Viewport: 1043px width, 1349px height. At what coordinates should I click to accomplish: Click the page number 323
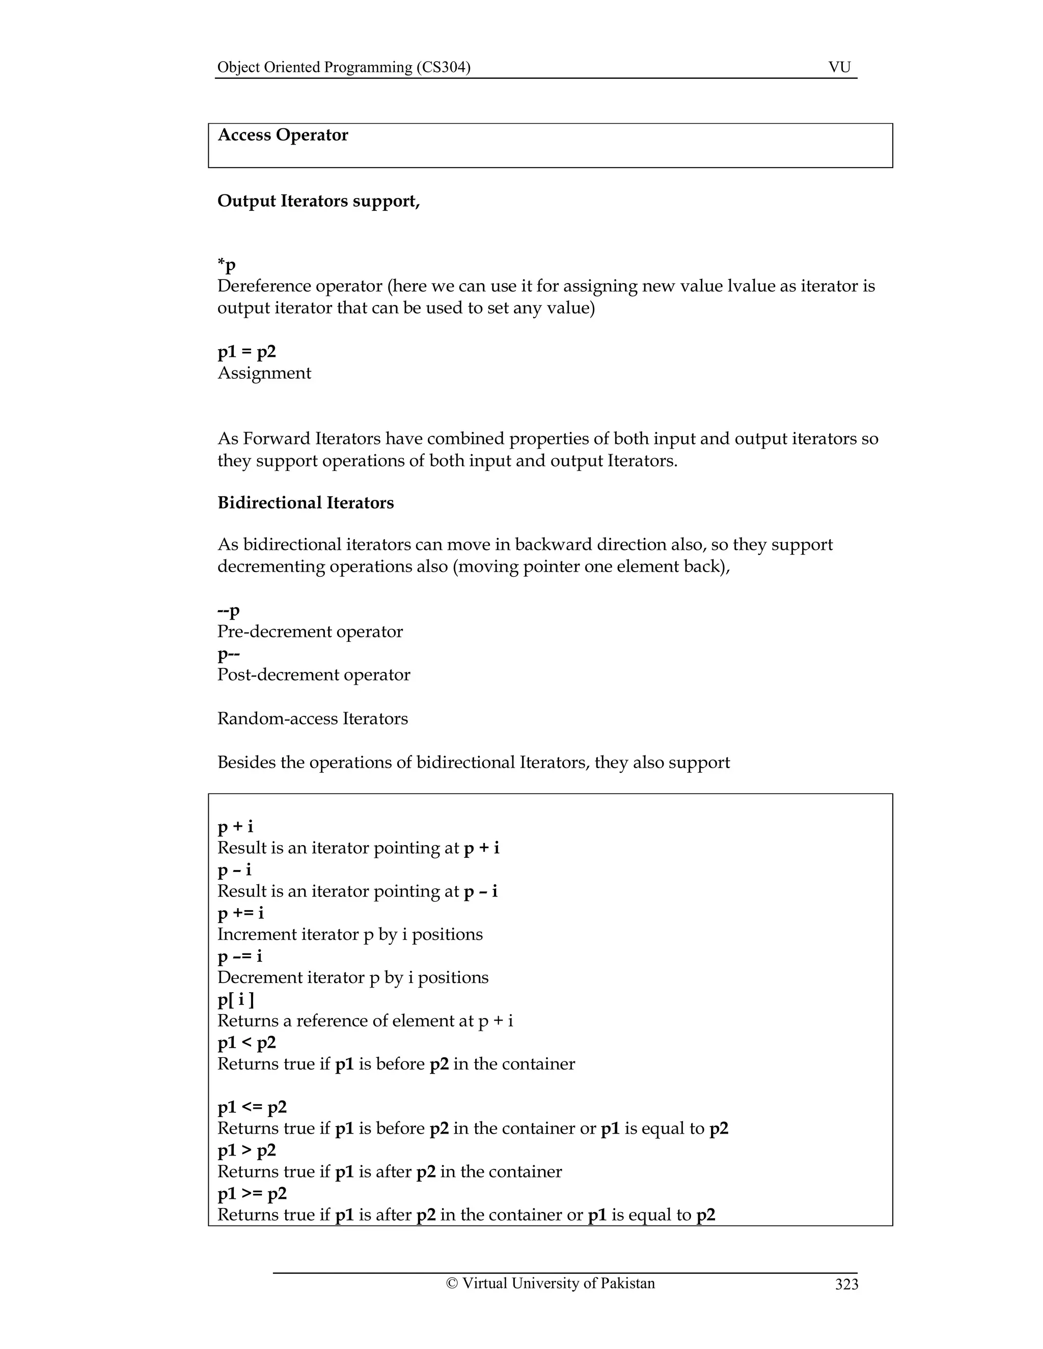(846, 1284)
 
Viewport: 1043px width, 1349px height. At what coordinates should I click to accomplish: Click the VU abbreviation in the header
(839, 67)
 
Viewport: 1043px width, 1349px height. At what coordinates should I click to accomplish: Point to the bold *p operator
(226, 266)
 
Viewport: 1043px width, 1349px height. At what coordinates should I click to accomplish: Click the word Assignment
(264, 373)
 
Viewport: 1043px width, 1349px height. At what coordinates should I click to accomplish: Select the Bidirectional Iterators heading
(305, 503)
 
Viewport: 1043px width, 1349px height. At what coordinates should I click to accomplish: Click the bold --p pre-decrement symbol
(228, 610)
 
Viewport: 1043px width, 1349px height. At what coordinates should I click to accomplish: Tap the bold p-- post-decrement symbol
(228, 654)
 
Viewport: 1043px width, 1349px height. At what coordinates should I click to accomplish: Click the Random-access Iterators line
(312, 718)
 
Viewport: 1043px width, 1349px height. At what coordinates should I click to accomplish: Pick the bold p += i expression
(240, 913)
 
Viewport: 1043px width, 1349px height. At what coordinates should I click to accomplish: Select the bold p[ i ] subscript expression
(235, 999)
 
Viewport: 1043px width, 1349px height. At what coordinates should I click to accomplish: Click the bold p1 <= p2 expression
(252, 1107)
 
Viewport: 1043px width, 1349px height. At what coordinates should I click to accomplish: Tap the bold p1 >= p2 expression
(252, 1193)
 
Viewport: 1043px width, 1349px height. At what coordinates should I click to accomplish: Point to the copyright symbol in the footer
(452, 1283)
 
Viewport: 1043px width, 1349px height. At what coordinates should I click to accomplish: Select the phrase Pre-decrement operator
(310, 632)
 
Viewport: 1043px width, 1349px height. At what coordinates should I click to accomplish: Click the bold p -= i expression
(240, 956)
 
